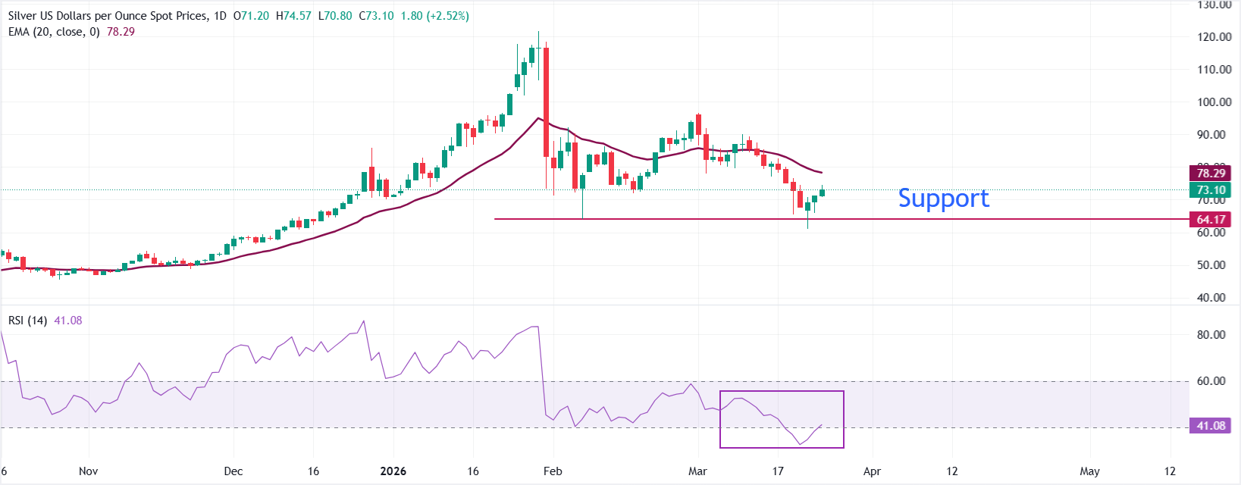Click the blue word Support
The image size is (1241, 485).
tap(943, 199)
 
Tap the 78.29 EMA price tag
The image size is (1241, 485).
tap(1211, 174)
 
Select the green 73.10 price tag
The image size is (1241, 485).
tap(1211, 190)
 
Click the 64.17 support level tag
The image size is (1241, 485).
tap(1211, 220)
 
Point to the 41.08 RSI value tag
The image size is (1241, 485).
tap(1211, 426)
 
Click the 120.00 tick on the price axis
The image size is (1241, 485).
tap(1214, 36)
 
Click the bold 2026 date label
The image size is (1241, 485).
tap(393, 471)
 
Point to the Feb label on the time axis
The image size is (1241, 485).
tap(553, 471)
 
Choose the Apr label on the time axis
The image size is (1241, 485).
tap(872, 471)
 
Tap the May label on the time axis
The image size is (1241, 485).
tap(1089, 471)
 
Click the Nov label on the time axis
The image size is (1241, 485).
tap(88, 471)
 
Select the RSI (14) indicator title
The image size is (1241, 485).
tap(27, 321)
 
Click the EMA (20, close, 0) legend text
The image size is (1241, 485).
tap(54, 32)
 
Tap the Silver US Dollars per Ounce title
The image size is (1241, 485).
tap(107, 16)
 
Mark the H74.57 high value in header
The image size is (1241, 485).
tap(293, 16)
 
